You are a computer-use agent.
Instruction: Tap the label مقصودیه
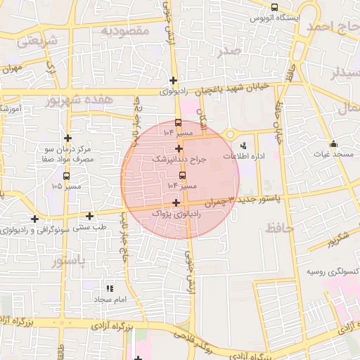pos(124,30)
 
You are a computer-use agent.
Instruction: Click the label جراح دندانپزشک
pos(180,160)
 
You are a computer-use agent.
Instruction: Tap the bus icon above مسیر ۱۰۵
pos(66,176)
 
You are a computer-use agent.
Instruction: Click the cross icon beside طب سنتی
pos(89,216)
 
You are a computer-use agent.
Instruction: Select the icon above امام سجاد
pos(109,288)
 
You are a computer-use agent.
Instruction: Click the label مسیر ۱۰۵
pos(66,187)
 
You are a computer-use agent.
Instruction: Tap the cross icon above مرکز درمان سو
pos(67,139)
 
